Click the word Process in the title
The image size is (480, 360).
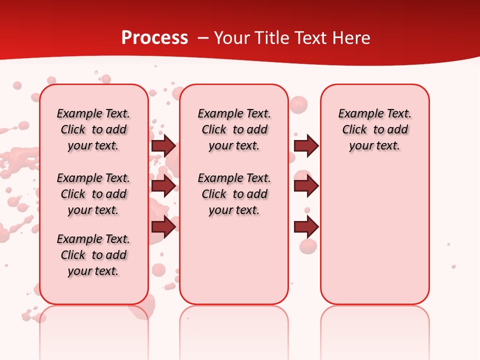click(x=154, y=38)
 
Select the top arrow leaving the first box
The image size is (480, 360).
click(x=163, y=146)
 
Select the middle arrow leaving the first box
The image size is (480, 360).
click(x=163, y=186)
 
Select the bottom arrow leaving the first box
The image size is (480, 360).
click(x=163, y=226)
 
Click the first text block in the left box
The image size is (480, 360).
click(x=93, y=129)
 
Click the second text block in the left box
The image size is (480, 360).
click(x=93, y=194)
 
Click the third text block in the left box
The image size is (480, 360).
click(x=93, y=255)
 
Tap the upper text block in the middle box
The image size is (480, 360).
click(x=234, y=129)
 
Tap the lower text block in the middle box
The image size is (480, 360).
click(x=234, y=194)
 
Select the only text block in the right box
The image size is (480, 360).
click(x=374, y=129)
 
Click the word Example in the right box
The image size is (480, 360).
click(x=355, y=114)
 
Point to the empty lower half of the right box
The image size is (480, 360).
click(x=374, y=240)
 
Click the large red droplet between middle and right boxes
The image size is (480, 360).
click(x=298, y=104)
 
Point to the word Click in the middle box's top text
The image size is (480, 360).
click(x=214, y=130)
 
